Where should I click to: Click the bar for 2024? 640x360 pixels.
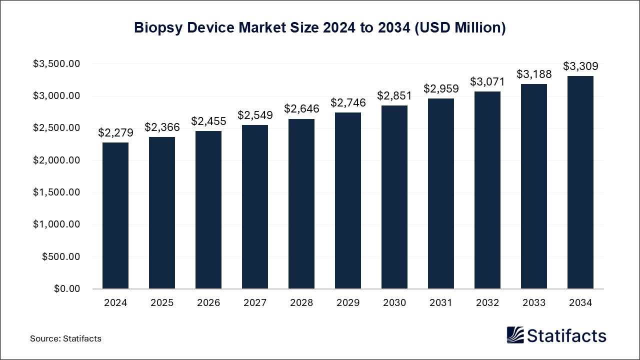115,215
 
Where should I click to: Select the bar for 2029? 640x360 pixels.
348,200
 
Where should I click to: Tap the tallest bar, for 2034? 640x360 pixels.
580,182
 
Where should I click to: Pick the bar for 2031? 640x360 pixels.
441,193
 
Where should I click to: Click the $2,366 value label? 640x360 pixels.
162,127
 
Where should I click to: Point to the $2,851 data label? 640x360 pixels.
394,95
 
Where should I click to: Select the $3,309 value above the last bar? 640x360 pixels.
580,66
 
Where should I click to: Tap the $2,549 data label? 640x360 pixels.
255,115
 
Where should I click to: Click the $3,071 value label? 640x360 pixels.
487,81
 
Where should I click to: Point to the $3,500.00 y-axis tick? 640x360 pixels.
56,64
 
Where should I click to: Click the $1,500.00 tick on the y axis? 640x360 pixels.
56,192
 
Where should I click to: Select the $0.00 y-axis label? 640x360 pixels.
67,289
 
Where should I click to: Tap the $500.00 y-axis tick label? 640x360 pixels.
60,257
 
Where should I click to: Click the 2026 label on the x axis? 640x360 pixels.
208,302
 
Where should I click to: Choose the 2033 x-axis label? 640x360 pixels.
534,302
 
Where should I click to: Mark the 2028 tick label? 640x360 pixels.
301,302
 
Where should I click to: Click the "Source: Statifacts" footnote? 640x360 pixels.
65,338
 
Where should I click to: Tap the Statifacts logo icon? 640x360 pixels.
515,335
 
